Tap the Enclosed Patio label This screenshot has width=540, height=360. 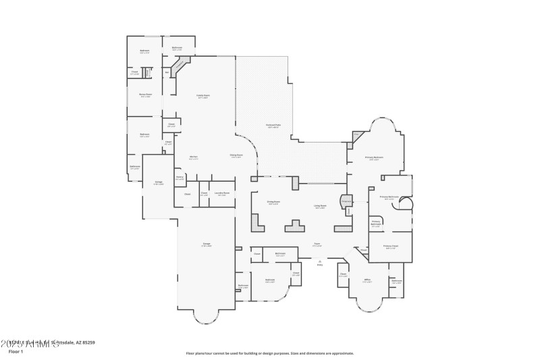[x=273, y=127]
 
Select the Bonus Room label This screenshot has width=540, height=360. [x=144, y=95]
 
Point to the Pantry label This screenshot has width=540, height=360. [x=180, y=178]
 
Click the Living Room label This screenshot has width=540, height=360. [x=320, y=206]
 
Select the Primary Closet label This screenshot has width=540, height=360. [x=390, y=247]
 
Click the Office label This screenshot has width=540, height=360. [x=368, y=280]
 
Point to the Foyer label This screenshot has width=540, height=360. [x=317, y=245]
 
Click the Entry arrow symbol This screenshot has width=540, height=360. [x=320, y=261]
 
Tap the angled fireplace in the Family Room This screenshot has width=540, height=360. [x=180, y=66]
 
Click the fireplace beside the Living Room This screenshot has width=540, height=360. [x=345, y=201]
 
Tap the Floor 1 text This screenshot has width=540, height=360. [x=16, y=352]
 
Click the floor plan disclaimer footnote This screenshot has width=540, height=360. [x=269, y=353]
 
